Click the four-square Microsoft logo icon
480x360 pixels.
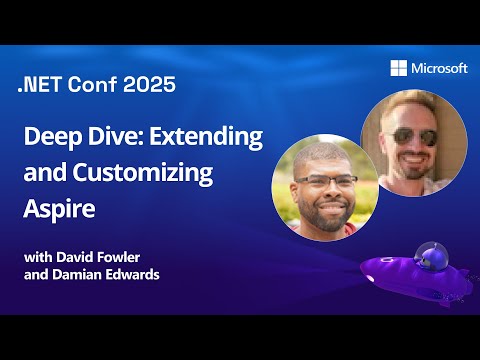coord(400,68)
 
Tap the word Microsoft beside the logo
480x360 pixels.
coord(439,68)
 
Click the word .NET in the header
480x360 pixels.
coord(41,85)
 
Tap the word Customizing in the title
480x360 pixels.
coord(151,172)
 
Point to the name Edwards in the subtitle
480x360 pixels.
coord(138,274)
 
